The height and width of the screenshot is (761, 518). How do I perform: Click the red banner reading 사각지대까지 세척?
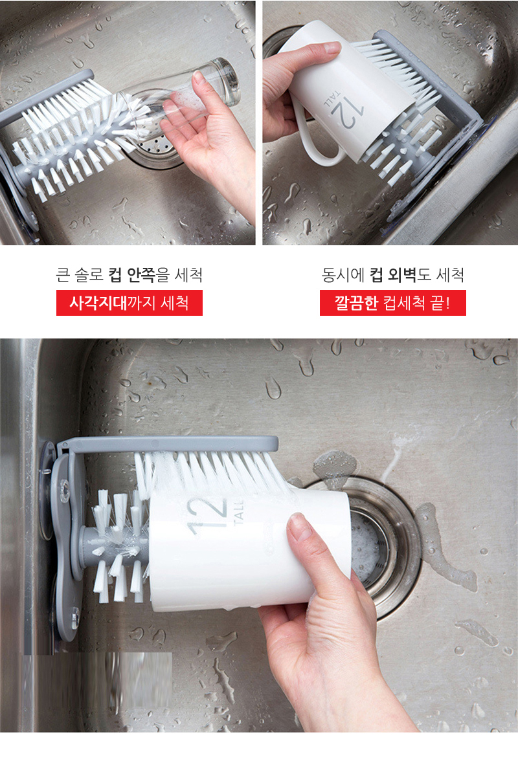[129, 303]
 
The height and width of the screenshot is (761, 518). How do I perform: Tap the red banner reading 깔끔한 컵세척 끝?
[393, 303]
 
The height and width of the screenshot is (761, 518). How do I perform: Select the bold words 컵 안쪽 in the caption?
[131, 275]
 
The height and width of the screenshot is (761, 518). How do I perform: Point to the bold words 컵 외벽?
[393, 275]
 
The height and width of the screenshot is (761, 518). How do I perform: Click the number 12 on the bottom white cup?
[208, 515]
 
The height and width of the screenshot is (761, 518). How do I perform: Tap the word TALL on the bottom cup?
[240, 514]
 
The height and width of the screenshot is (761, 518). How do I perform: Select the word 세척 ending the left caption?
[188, 275]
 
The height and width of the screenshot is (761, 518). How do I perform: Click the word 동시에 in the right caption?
[343, 275]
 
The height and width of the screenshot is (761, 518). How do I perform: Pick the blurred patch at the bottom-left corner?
[97, 679]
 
